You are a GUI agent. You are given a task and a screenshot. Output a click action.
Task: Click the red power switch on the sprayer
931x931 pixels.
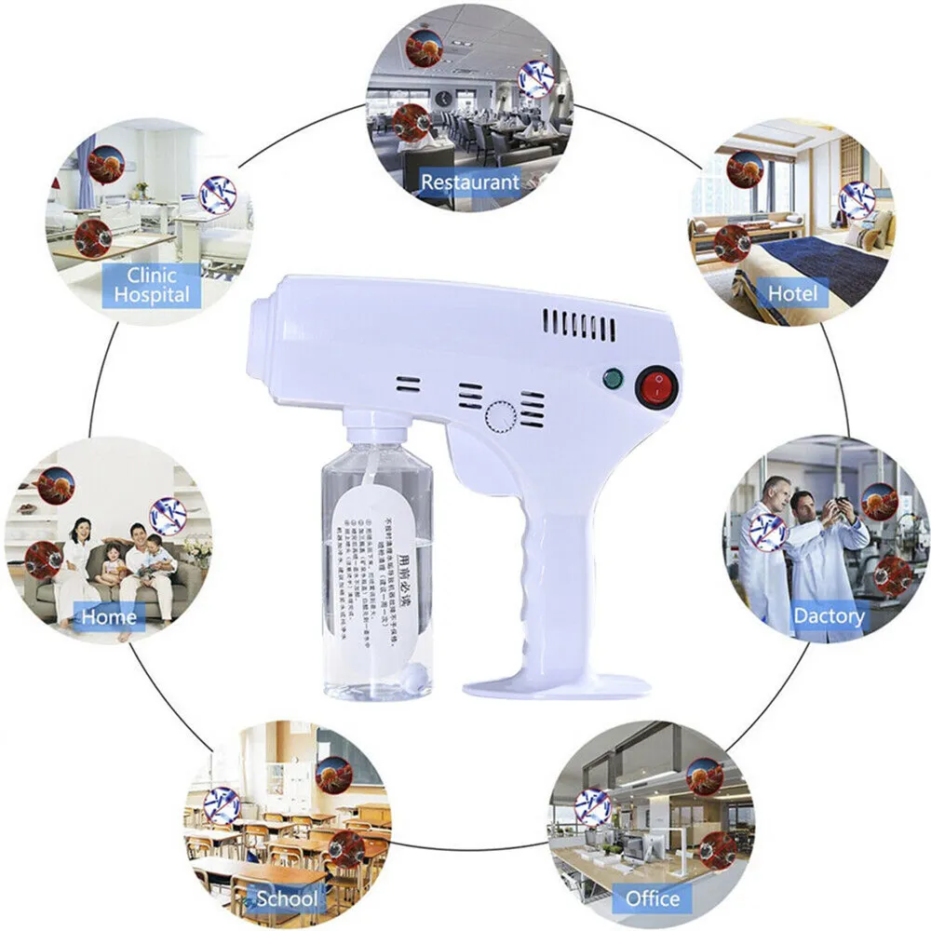[654, 388]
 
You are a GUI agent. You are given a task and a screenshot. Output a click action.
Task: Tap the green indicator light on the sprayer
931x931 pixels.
[612, 379]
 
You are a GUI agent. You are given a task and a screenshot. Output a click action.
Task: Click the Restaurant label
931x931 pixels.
[469, 182]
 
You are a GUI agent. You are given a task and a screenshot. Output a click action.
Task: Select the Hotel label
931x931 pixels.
[792, 294]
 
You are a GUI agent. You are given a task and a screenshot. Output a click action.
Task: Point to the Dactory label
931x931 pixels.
[828, 615]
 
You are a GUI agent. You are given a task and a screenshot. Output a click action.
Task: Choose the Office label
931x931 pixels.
[653, 898]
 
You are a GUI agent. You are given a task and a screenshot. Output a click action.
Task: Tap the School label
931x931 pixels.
[287, 899]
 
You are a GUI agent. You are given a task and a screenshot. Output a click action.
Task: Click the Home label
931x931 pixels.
[109, 616]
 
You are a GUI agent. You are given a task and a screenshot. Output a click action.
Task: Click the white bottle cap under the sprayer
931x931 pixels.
[377, 429]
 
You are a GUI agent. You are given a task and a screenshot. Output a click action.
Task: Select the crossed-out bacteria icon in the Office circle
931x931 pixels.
[592, 806]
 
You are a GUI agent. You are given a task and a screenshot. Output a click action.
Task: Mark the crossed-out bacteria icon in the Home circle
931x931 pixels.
[168, 516]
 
